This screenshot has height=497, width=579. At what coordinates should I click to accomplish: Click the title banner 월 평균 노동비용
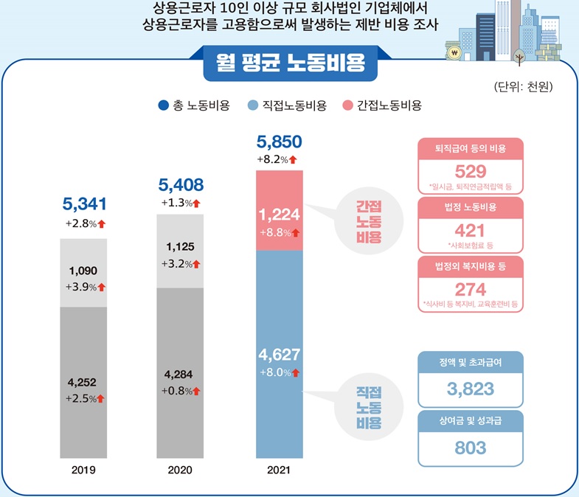point(290,60)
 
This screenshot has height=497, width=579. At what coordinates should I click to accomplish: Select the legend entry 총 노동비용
point(194,105)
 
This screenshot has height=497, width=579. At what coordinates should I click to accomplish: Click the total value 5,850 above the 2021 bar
point(279,142)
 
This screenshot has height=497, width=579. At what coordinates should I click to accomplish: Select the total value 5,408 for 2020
point(181,184)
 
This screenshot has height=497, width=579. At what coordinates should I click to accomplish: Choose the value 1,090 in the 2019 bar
point(82,271)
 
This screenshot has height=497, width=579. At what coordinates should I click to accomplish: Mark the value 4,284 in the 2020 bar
point(180,374)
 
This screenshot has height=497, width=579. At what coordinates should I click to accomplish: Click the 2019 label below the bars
point(83,468)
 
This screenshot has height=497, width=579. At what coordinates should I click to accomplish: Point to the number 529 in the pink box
point(470,171)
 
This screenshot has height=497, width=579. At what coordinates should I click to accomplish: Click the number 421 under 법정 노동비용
point(470,229)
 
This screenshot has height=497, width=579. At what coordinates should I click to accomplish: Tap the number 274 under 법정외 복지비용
point(470,288)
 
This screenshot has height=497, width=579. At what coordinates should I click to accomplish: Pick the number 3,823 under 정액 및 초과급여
point(470,388)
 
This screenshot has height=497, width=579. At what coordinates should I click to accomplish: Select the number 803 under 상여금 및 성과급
point(470,448)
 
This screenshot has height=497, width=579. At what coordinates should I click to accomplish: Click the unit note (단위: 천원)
point(523,87)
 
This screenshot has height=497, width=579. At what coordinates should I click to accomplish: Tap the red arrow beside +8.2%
point(293,159)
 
